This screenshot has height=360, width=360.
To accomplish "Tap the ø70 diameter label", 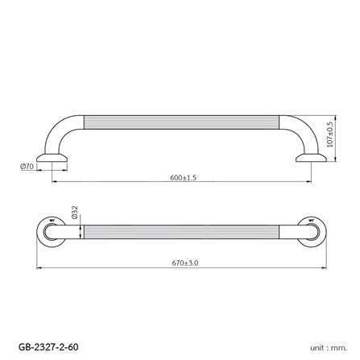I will [x=25, y=166].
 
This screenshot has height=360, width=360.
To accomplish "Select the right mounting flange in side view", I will [x=311, y=158].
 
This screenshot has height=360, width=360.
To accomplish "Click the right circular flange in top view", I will [x=312, y=232].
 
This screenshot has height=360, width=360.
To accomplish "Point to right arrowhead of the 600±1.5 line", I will [x=311, y=181].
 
